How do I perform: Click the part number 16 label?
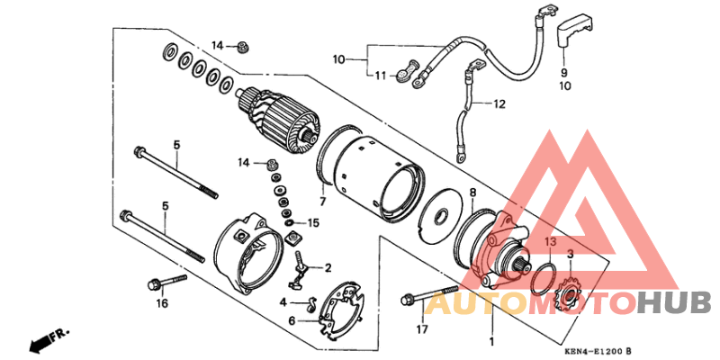pyautogui.click(x=162, y=303)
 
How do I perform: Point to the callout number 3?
pyautogui.click(x=570, y=255)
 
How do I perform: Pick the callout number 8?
pyautogui.click(x=472, y=193)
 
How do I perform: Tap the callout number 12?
pyautogui.click(x=499, y=104)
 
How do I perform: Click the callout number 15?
pyautogui.click(x=313, y=222)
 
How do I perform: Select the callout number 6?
pyautogui.click(x=292, y=320)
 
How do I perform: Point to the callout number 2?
pyautogui.click(x=328, y=267)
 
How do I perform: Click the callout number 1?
pyautogui.click(x=491, y=342)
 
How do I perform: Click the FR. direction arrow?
pyautogui.click(x=40, y=342)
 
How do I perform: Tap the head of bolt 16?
pyautogui.click(x=153, y=284)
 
